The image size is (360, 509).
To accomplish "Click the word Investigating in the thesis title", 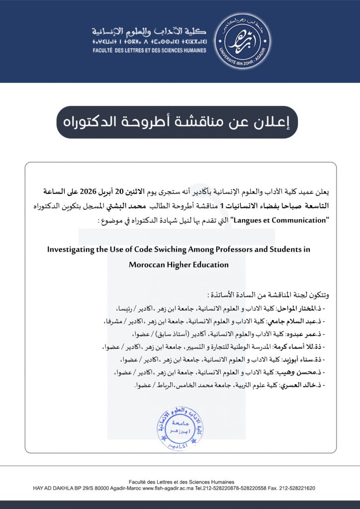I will coord(69,249).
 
